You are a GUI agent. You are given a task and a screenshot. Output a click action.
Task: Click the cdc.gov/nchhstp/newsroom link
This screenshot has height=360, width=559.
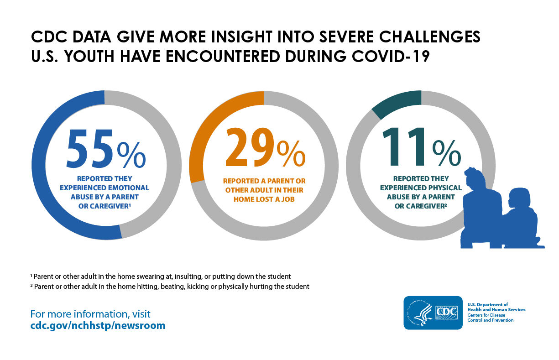98,326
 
